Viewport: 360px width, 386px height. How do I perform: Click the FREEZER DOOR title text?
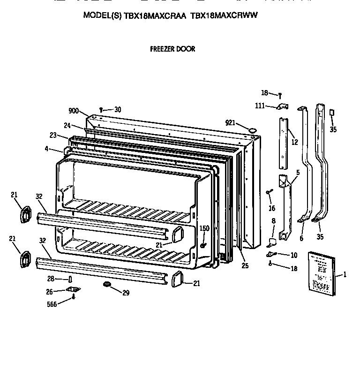click(x=172, y=49)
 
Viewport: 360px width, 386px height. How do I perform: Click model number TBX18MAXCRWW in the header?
click(x=225, y=15)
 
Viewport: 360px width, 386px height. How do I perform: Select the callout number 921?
click(x=230, y=123)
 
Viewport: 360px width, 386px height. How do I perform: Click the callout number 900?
click(x=74, y=111)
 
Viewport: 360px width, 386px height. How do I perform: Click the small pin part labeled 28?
click(x=71, y=280)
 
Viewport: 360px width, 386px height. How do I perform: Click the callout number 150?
click(x=204, y=228)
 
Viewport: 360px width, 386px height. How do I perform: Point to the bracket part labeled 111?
click(x=282, y=107)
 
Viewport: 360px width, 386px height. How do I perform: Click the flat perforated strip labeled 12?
click(x=283, y=143)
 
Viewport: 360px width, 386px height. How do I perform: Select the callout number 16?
click(x=272, y=208)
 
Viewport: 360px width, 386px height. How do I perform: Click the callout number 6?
click(x=301, y=238)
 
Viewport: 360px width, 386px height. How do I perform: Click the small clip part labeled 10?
click(x=270, y=254)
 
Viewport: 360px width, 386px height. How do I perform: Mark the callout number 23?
click(x=53, y=136)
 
